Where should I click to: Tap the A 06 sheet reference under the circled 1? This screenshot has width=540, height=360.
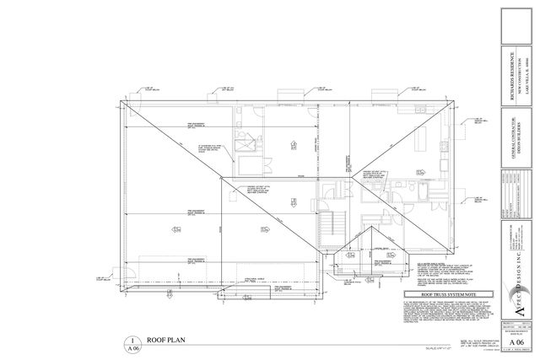(132, 347)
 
